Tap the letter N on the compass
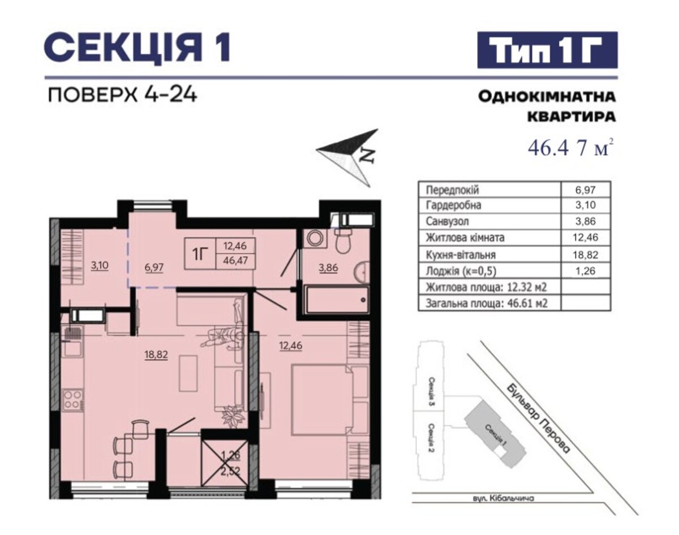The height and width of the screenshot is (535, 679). click(368, 155)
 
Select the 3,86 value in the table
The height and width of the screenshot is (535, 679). click(586, 221)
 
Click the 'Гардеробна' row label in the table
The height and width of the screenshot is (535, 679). click(454, 206)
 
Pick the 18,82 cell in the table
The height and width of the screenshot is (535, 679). click(586, 255)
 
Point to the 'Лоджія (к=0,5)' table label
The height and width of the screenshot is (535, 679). click(461, 271)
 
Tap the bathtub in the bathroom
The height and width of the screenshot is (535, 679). click(336, 299)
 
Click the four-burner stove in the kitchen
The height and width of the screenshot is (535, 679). click(74, 400)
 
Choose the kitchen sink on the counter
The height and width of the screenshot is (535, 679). click(73, 346)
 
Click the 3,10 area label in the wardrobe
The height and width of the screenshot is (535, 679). click(100, 266)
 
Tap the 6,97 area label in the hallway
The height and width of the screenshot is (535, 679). click(154, 268)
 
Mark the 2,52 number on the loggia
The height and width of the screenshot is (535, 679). click(231, 471)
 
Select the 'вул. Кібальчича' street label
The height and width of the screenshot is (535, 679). click(503, 507)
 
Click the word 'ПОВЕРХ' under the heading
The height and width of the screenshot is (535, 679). click(93, 95)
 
